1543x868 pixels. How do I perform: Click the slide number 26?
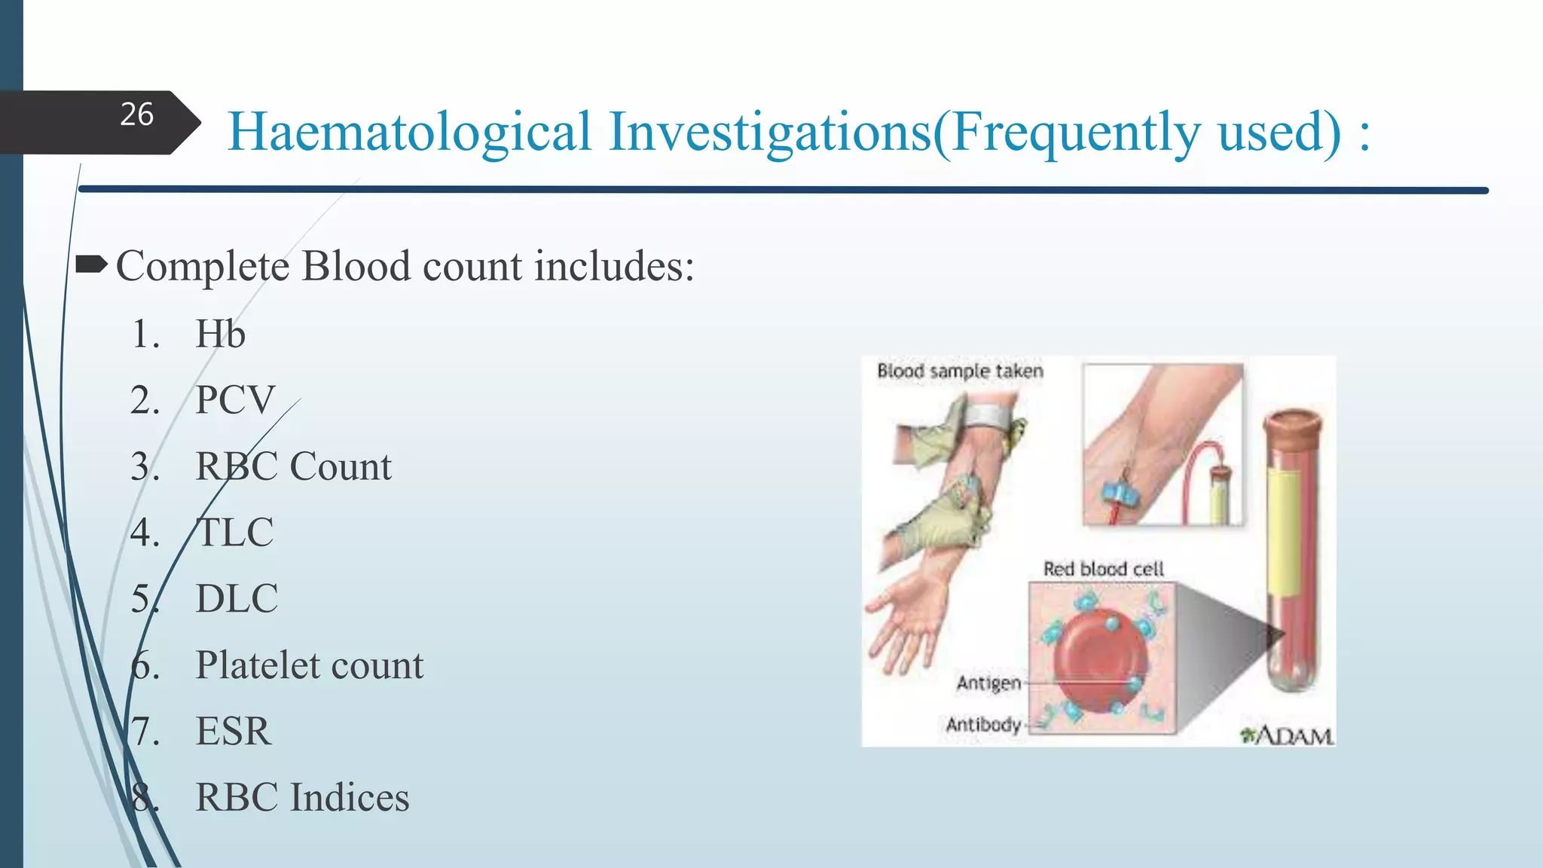click(x=136, y=115)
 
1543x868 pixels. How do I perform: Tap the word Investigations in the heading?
click(x=769, y=133)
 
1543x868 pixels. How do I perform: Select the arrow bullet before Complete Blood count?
click(x=92, y=264)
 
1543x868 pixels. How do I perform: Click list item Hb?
click(x=220, y=334)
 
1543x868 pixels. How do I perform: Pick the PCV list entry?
click(x=235, y=400)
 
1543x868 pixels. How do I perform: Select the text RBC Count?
click(x=293, y=466)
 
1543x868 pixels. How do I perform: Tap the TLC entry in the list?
click(x=234, y=533)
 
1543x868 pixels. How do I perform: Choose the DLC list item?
click(x=237, y=599)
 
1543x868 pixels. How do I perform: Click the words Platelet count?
click(x=309, y=665)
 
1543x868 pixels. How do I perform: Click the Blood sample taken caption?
click(x=960, y=371)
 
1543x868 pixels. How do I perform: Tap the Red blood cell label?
click(x=1103, y=569)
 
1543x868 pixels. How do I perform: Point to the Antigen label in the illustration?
click(x=988, y=683)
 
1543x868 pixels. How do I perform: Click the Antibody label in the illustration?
click(x=983, y=725)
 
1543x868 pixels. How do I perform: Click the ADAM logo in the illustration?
click(x=1287, y=735)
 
